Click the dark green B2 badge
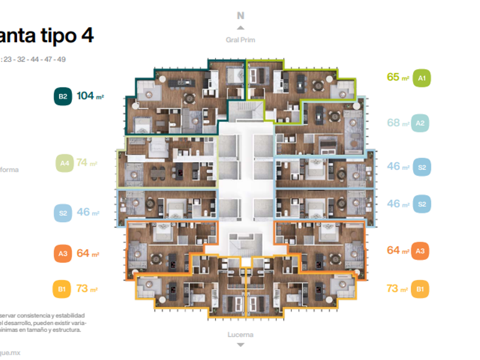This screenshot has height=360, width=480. pos(63,97)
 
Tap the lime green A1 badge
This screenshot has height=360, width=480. pos(422,77)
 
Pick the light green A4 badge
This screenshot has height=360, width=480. pos(64,163)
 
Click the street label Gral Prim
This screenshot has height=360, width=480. pos(241,40)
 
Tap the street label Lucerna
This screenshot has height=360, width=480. pos(241,335)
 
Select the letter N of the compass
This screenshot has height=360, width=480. pos(241,16)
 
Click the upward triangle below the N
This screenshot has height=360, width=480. pos(241,27)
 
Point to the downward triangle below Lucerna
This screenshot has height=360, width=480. pos(241,345)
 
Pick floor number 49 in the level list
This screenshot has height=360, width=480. pos(61,59)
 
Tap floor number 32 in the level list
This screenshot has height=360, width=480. pos(22,59)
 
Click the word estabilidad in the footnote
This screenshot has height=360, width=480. pos(69,315)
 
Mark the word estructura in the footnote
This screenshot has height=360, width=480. pos(66,329)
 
